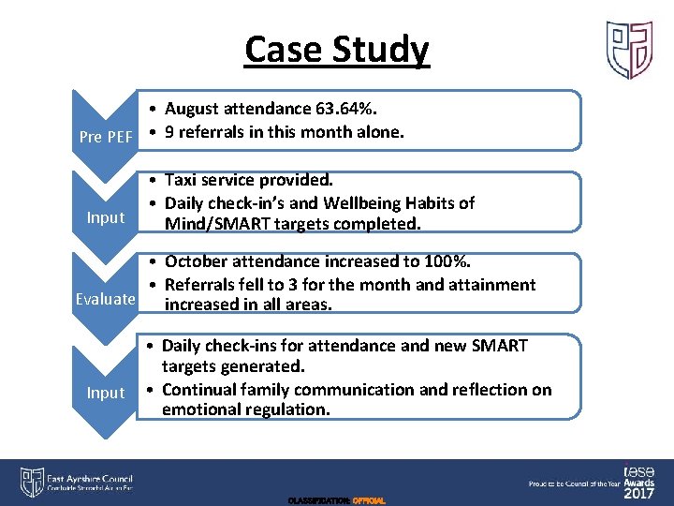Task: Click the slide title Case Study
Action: click(337, 50)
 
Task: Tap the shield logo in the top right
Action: click(629, 50)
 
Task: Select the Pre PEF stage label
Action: click(106, 137)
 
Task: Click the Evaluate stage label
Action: click(105, 299)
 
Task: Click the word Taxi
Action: click(184, 179)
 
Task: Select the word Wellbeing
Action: click(361, 202)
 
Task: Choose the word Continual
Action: click(202, 389)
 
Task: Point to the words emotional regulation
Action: click(245, 409)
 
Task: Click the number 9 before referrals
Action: click(169, 132)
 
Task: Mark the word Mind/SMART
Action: click(215, 224)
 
